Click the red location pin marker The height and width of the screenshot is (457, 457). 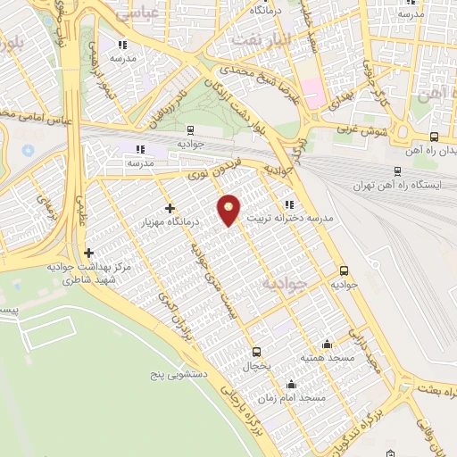click(x=229, y=210)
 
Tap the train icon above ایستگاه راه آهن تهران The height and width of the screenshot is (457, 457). click(x=398, y=170)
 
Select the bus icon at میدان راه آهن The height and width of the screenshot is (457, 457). click(x=434, y=137)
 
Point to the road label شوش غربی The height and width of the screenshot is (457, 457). click(x=365, y=132)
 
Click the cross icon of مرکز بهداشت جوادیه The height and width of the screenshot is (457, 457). click(x=87, y=253)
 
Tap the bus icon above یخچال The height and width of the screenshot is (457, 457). click(x=257, y=352)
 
